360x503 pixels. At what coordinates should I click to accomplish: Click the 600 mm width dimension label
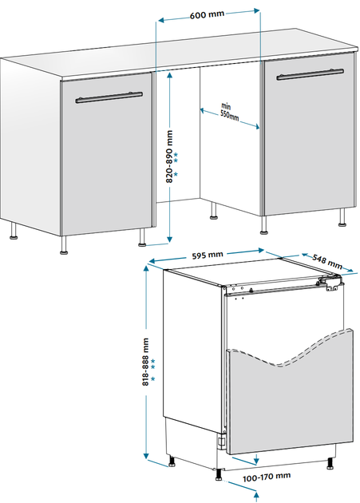208,15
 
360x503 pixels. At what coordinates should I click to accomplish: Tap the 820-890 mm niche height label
169,156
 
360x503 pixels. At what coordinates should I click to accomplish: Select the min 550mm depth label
229,112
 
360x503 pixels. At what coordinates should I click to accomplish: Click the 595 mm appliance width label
208,255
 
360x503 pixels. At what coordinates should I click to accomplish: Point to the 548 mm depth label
327,261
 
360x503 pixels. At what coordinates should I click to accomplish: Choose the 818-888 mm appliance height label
146,362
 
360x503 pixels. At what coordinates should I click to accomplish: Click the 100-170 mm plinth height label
267,477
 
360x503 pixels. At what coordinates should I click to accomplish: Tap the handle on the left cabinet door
109,97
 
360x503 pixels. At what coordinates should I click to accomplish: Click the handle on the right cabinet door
310,74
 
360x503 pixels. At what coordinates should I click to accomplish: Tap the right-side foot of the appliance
330,464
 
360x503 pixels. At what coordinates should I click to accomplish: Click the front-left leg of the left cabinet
64,245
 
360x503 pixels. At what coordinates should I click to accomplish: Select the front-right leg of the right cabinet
342,217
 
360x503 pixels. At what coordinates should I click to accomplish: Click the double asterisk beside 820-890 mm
176,157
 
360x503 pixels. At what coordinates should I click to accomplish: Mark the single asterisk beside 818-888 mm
152,379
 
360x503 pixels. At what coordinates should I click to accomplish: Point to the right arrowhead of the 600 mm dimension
256,10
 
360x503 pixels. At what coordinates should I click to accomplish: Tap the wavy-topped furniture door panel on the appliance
290,404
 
